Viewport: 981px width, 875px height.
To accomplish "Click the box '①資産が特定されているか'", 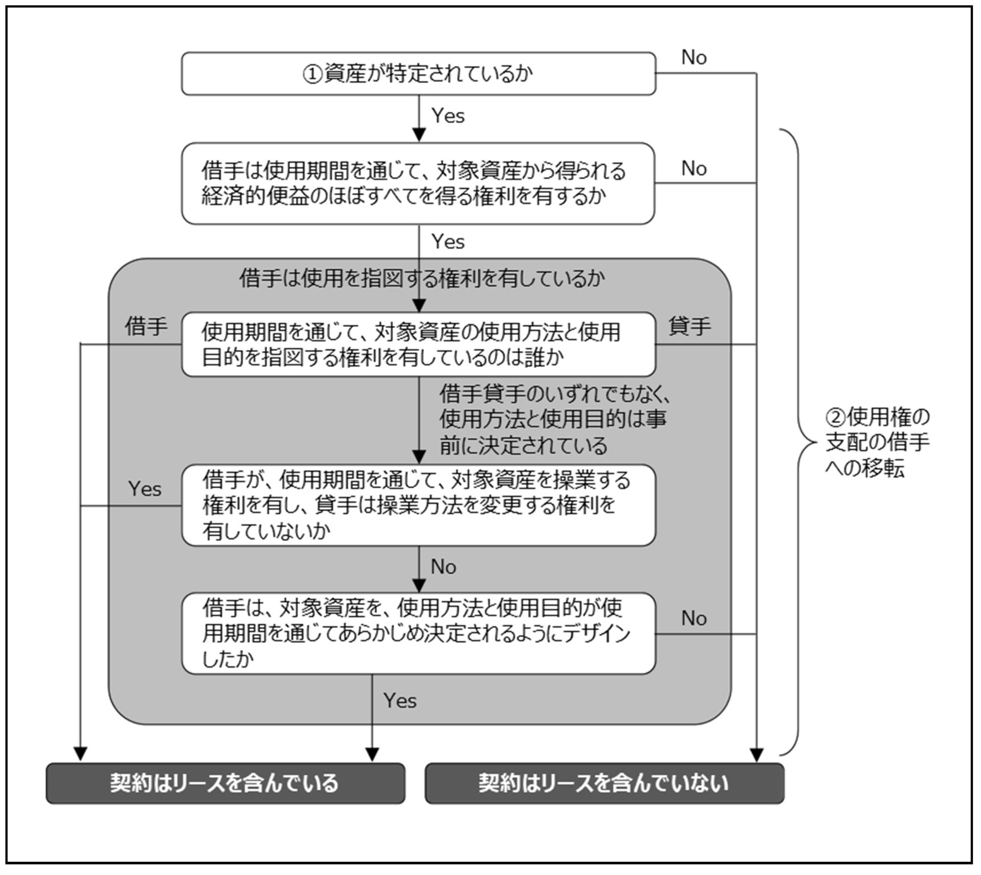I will [x=418, y=73].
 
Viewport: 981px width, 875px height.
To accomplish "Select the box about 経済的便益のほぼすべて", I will [x=418, y=183].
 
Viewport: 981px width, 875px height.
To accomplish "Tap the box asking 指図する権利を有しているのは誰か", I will [x=418, y=344].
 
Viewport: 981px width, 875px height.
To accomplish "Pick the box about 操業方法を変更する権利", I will [x=418, y=505].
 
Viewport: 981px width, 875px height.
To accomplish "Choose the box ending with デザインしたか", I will [x=418, y=633].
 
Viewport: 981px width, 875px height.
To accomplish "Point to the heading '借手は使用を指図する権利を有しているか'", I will [x=422, y=279].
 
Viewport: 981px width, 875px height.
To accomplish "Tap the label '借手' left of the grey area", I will [x=146, y=327].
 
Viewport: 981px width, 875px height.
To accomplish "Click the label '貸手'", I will [x=690, y=327].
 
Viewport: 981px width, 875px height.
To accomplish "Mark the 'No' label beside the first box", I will [x=694, y=58].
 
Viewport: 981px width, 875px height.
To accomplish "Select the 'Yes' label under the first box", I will [x=448, y=116].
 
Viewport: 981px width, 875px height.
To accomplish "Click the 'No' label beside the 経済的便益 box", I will [x=694, y=169].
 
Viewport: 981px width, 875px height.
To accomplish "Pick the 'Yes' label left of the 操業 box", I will [x=145, y=489].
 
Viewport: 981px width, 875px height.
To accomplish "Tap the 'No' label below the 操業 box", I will [x=443, y=567].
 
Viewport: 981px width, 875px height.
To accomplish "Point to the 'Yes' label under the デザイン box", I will [x=400, y=701].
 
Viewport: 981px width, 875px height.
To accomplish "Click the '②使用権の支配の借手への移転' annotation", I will [x=877, y=442].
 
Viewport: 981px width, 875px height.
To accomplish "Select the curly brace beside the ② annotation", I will [x=798, y=442].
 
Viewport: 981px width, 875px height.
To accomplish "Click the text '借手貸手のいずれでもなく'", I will [x=555, y=394].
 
